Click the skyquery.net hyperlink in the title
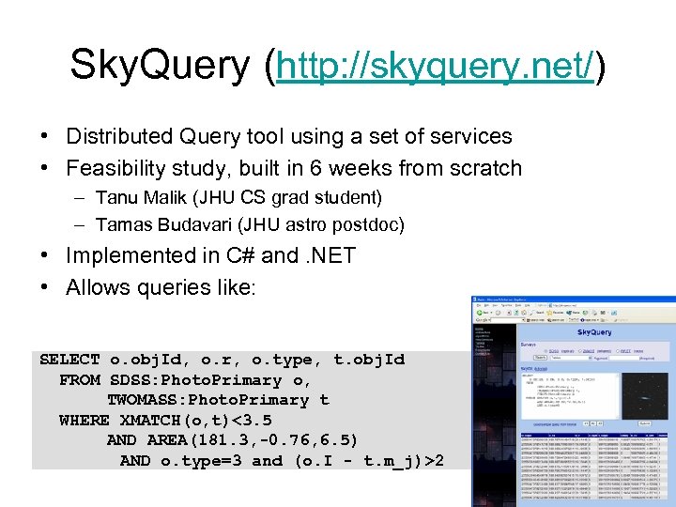coord(436,66)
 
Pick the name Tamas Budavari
coord(165,225)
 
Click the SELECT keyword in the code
coord(69,360)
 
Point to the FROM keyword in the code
coord(79,380)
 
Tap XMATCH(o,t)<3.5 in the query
coord(196,420)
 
